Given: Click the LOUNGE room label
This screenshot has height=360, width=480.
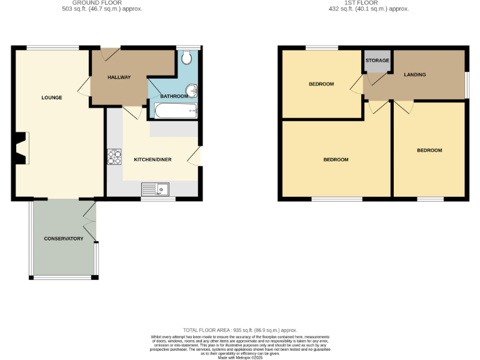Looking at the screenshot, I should pyautogui.click(x=52, y=97).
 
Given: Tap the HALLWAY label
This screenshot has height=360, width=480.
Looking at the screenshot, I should pyautogui.click(x=119, y=77).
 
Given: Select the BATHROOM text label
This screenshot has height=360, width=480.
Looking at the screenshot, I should pyautogui.click(x=174, y=96).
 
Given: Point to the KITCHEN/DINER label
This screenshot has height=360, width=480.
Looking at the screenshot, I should pyautogui.click(x=153, y=159).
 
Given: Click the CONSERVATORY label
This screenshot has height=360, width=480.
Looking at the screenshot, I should pyautogui.click(x=63, y=239).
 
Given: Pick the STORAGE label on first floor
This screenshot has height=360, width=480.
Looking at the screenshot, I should pyautogui.click(x=377, y=60).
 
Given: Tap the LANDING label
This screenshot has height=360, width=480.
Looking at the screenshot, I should pyautogui.click(x=415, y=74).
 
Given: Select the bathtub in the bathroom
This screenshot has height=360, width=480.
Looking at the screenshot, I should pyautogui.click(x=175, y=112).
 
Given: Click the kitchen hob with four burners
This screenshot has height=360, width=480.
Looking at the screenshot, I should pyautogui.click(x=114, y=156).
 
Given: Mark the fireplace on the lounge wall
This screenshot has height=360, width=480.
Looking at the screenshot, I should pyautogui.click(x=21, y=148).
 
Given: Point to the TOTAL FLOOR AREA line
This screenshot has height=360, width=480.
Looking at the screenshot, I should pyautogui.click(x=240, y=330).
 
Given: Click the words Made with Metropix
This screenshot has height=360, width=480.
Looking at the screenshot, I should pyautogui.click(x=240, y=357).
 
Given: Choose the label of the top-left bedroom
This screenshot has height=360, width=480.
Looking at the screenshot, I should pyautogui.click(x=321, y=84).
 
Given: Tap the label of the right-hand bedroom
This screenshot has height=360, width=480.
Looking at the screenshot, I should pyautogui.click(x=429, y=150).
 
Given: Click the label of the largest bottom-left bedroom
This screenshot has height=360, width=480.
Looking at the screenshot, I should pyautogui.click(x=336, y=159).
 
